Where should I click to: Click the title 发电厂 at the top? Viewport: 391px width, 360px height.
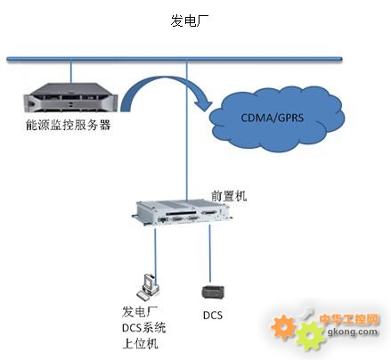pos(189,21)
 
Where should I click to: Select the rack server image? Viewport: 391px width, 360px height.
pos(70,98)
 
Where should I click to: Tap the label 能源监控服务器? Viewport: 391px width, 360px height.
pos(69,125)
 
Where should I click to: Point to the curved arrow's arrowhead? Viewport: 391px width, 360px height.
pos(204,103)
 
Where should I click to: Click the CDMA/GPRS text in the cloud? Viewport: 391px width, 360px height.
pos(273,118)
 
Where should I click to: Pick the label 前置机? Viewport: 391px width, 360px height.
pos(229,196)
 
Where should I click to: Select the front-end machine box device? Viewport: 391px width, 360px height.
pos(182,212)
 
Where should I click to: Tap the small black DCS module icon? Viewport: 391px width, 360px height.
pos(213,292)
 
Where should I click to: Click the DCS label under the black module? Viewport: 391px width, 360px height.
pos(213,315)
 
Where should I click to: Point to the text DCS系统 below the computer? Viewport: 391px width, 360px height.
pos(144,328)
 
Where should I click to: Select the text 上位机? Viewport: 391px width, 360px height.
pos(140,344)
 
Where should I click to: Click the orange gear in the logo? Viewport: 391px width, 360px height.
pos(283,327)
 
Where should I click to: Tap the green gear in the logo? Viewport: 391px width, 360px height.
pos(310,336)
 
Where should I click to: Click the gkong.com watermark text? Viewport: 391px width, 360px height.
pos(353,331)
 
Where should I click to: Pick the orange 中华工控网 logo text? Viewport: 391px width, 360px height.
pos(349,320)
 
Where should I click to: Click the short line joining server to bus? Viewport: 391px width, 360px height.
pos(71,72)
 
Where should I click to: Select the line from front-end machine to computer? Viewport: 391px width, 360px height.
pos(155,252)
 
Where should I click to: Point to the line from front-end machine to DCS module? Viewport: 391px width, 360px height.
pos(210,253)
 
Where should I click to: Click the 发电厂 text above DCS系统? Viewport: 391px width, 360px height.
pos(140,312)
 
